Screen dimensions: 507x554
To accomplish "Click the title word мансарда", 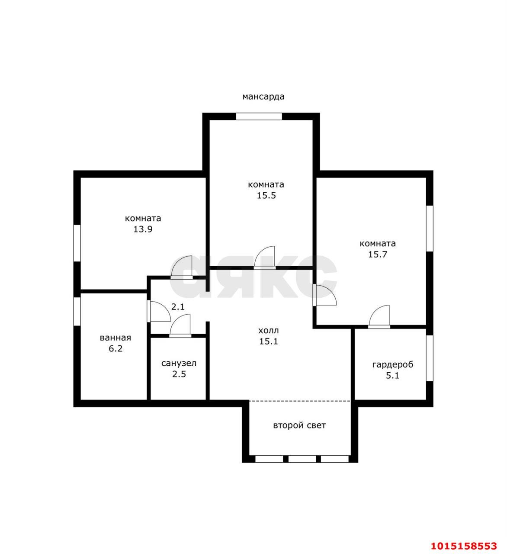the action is coord(263,97).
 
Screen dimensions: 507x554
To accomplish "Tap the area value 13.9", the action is coord(143,229).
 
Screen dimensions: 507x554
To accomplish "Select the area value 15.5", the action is coord(266,196).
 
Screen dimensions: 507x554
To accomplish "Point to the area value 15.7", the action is coord(378,254).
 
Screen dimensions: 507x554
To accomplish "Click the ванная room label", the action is coord(115,338).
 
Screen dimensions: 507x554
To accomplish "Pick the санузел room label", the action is coord(179,364).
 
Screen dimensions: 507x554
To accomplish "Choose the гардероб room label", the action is coord(393,365).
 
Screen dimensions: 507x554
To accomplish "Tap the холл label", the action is coord(268,330).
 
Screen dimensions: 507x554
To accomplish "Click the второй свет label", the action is coord(299,425).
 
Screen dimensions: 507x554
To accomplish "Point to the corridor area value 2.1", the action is coord(177,307).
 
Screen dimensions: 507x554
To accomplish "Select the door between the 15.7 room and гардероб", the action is coord(379,317).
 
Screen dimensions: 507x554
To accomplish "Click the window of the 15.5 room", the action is coord(259,116).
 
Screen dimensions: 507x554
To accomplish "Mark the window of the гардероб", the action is coord(430,358).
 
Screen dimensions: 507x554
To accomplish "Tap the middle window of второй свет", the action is coord(302,459).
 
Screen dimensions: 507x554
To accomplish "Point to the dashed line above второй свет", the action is coord(300,401).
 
